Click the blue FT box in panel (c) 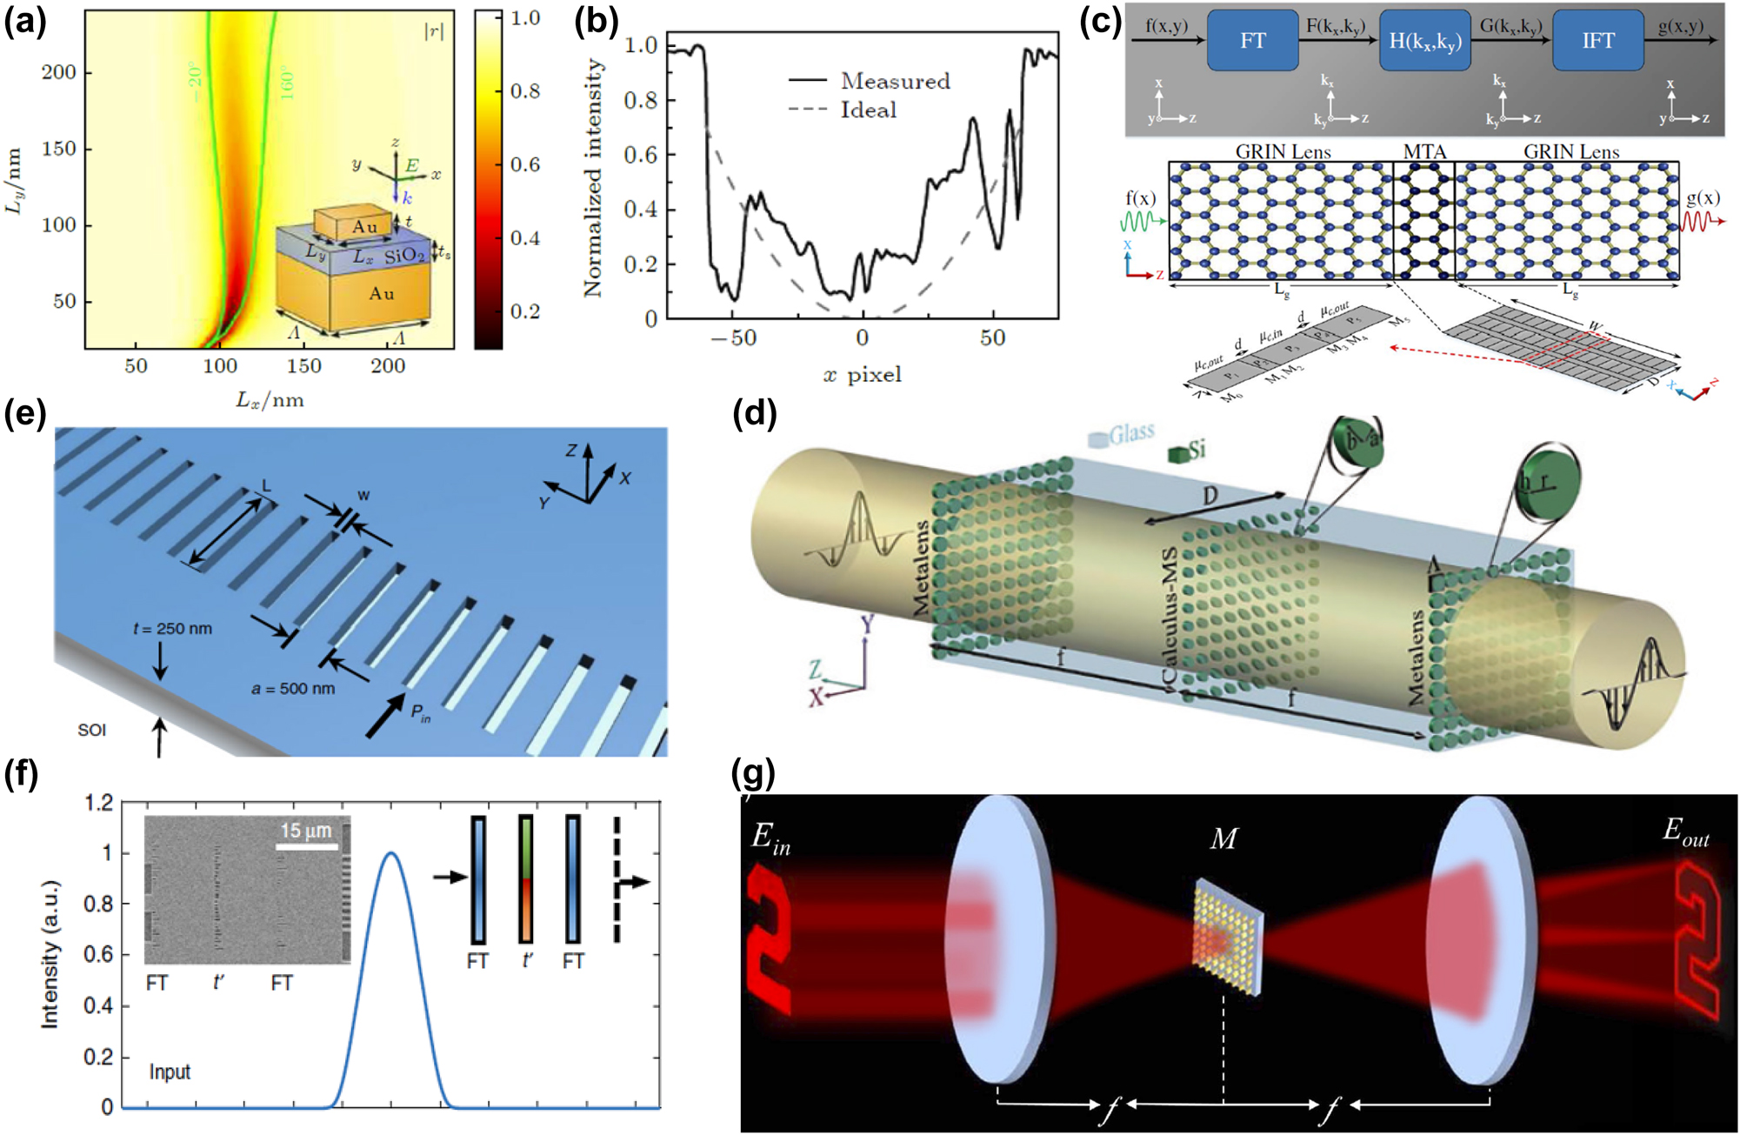pyautogui.click(x=1252, y=41)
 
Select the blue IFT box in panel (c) pyautogui.click(x=1597, y=41)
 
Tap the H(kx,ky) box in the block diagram pyautogui.click(x=1424, y=41)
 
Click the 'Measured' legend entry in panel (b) pyautogui.click(x=895, y=81)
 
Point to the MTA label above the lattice pyautogui.click(x=1424, y=152)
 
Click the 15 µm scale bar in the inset pyautogui.click(x=307, y=845)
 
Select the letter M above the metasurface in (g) pyautogui.click(x=1223, y=838)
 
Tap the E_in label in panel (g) pyautogui.click(x=770, y=838)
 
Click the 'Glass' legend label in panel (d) pyautogui.click(x=1131, y=432)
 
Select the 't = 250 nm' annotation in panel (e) pyautogui.click(x=172, y=629)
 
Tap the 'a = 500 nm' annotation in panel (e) pyautogui.click(x=293, y=689)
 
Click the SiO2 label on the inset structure pyautogui.click(x=405, y=256)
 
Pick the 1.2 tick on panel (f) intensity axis pyautogui.click(x=99, y=802)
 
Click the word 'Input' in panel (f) pyautogui.click(x=170, y=1072)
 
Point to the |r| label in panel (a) pyautogui.click(x=433, y=32)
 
